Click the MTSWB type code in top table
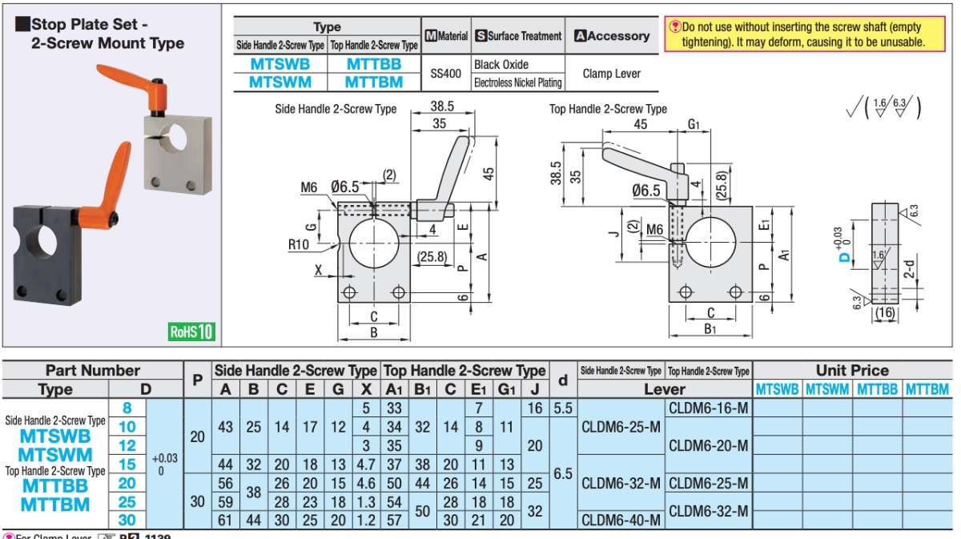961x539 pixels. [x=279, y=64]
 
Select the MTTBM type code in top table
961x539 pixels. [x=373, y=81]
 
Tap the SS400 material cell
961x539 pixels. [x=446, y=73]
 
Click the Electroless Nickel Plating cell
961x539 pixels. [x=517, y=82]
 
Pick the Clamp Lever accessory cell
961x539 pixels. [x=611, y=73]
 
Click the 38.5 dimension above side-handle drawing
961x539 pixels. [x=441, y=106]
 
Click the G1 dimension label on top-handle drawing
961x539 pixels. [x=694, y=125]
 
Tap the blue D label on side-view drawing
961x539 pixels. [x=842, y=257]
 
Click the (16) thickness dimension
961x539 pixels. [x=885, y=312]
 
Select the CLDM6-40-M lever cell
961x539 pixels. [x=621, y=520]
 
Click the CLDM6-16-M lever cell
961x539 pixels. [x=708, y=408]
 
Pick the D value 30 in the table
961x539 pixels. [x=127, y=519]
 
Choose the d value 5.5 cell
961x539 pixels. [x=562, y=408]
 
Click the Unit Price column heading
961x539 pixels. [x=852, y=371]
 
